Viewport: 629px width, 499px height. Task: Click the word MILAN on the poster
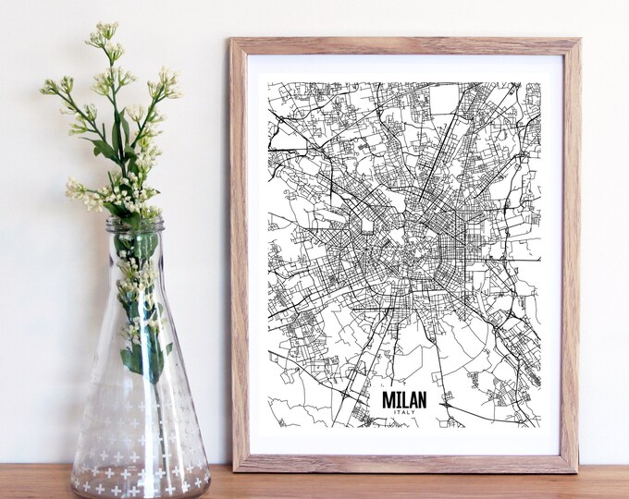pos(404,398)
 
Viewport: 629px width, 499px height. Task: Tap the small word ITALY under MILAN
pos(404,412)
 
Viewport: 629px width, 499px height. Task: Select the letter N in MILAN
pos(422,398)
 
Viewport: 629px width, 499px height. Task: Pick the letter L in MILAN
pos(403,398)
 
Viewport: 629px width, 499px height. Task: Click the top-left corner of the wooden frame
pos(232,41)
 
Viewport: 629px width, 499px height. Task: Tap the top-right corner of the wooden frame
pos(579,41)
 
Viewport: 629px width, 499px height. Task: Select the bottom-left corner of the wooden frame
pos(232,471)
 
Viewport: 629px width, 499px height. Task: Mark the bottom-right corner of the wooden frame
pos(579,471)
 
